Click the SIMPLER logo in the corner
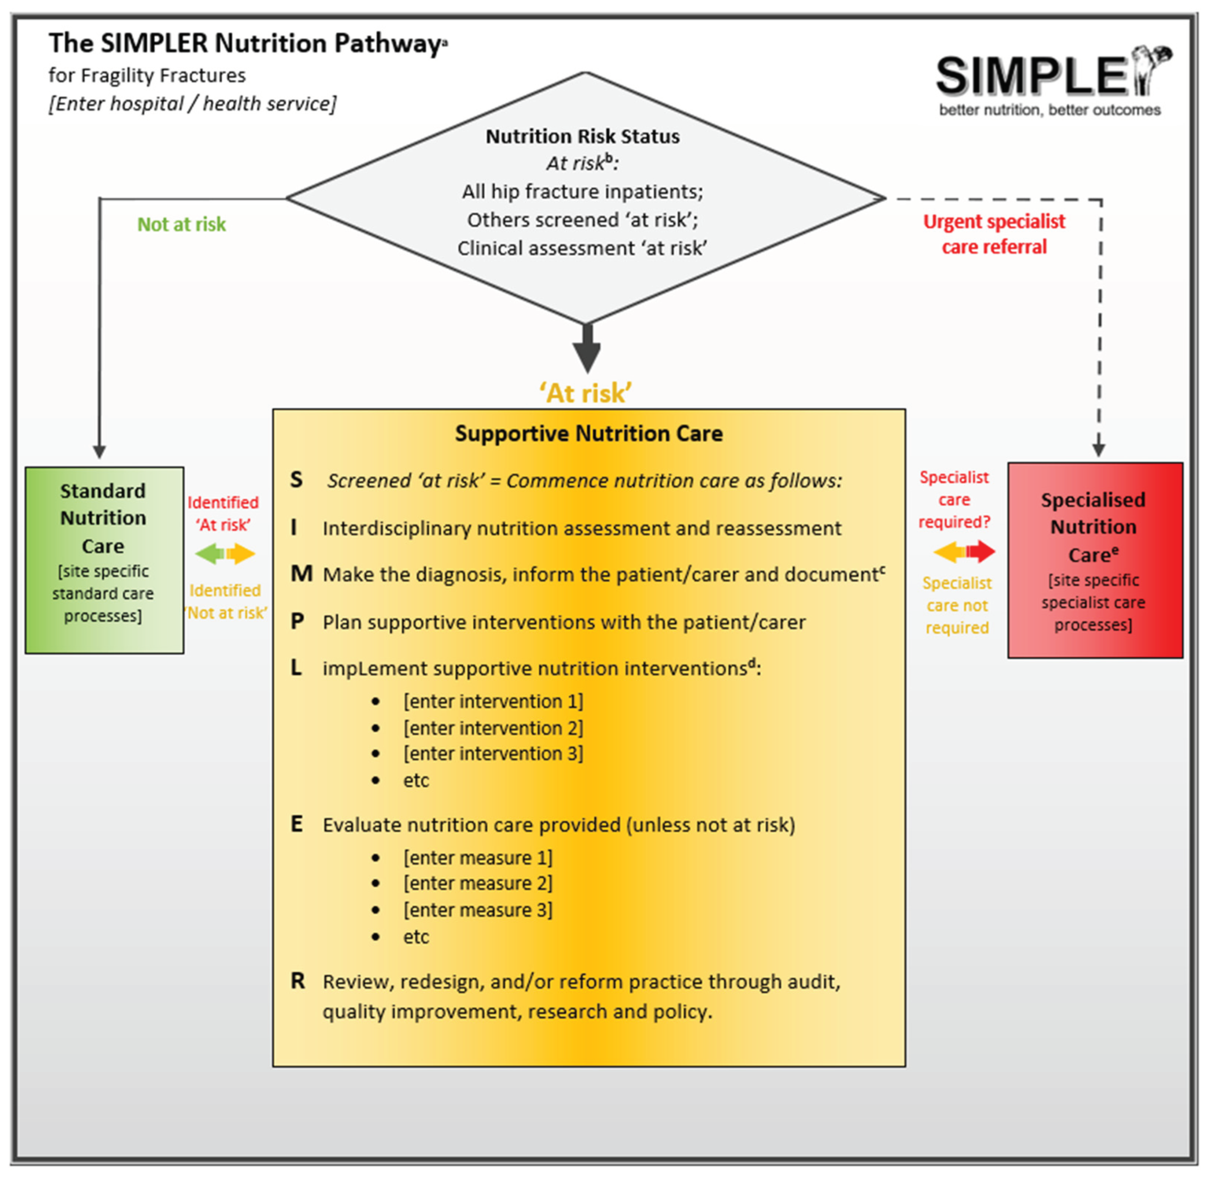1051,81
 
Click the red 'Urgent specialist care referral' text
994,234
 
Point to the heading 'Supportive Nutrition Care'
588,433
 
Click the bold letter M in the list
301,574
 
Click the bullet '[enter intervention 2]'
493,728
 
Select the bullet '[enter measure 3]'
477,910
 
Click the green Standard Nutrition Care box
104,560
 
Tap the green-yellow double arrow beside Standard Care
225,553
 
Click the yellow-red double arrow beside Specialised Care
964,551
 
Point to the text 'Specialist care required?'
954,500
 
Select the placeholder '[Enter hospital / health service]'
192,103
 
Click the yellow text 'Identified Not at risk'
226,602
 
